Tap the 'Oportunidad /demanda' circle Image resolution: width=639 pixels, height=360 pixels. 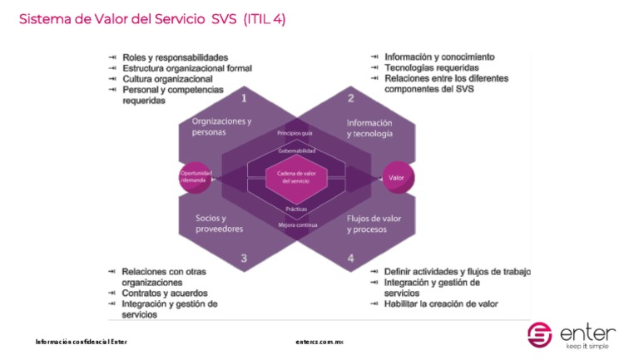point(196,176)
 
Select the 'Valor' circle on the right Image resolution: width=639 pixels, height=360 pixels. point(396,177)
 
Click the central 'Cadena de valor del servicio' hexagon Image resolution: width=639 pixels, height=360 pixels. point(296,177)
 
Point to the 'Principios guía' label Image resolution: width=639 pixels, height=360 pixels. point(295,133)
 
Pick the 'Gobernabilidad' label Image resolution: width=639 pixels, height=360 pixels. point(296,151)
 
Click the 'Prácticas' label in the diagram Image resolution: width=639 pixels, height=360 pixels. point(296,210)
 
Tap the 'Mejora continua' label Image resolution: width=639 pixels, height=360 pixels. point(296,224)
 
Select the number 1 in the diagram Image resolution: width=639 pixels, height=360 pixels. point(244,98)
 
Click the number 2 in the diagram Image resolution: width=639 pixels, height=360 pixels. point(350,98)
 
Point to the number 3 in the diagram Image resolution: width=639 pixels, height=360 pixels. point(244,258)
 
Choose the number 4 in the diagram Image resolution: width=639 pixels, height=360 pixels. point(350,258)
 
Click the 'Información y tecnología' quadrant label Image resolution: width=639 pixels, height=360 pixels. point(369,127)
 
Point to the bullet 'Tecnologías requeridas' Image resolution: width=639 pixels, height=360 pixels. point(431,68)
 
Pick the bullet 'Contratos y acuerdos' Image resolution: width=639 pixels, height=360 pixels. point(165,293)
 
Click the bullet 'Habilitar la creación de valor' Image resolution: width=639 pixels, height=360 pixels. point(441,304)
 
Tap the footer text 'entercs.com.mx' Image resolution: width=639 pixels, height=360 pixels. point(319,342)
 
